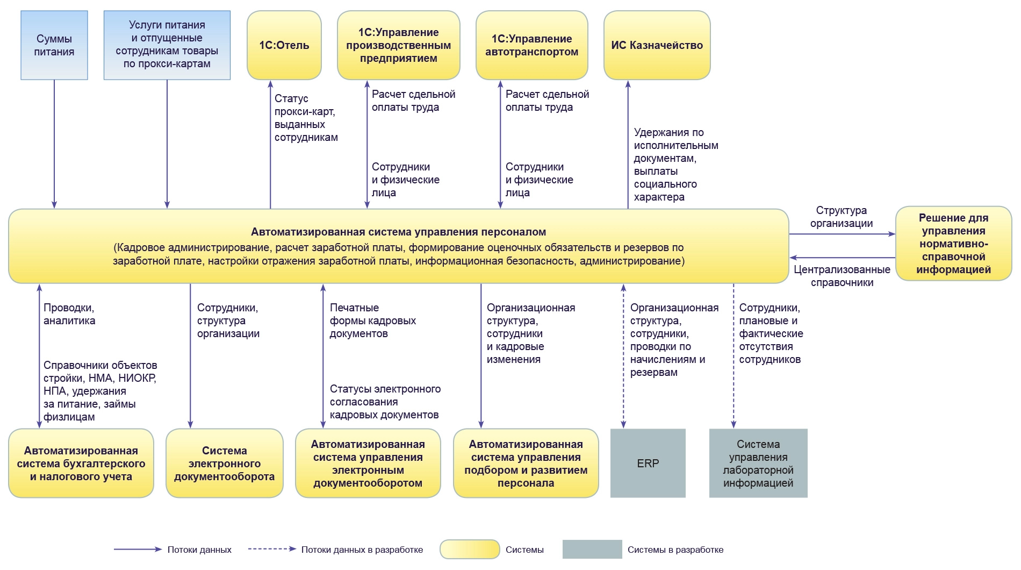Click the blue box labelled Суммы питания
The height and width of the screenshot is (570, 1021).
point(54,46)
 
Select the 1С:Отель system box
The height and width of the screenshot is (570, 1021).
point(284,45)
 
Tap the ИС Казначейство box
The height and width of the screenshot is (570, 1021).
point(657,45)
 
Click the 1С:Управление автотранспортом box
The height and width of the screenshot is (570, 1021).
point(531,45)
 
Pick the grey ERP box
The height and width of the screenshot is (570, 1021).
point(648,463)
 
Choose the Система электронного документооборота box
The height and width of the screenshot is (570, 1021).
point(224,463)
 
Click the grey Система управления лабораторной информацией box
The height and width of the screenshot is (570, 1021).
point(758,463)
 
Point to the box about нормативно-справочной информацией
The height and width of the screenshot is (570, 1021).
point(953,244)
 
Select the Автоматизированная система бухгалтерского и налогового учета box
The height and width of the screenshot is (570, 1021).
point(81,463)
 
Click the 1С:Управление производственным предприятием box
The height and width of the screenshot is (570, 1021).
point(398,45)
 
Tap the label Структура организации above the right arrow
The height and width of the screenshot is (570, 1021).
point(841,217)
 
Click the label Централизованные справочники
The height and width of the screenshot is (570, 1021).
point(842,276)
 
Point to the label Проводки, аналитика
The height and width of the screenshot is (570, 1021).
point(69,314)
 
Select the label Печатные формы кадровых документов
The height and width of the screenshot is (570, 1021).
point(372,320)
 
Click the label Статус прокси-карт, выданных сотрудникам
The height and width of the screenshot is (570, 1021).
point(306,118)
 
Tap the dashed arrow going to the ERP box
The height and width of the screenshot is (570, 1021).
point(623,355)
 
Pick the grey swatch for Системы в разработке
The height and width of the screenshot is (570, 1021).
point(592,550)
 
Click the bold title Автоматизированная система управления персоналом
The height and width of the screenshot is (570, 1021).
point(398,232)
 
